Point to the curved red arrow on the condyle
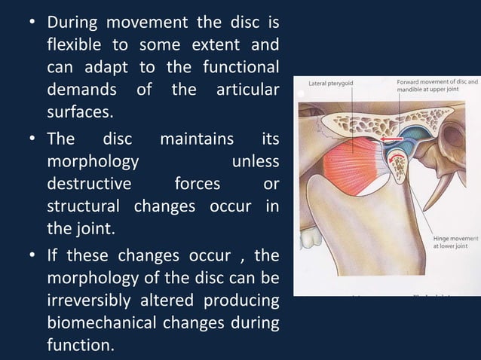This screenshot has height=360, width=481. [x=395, y=154]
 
